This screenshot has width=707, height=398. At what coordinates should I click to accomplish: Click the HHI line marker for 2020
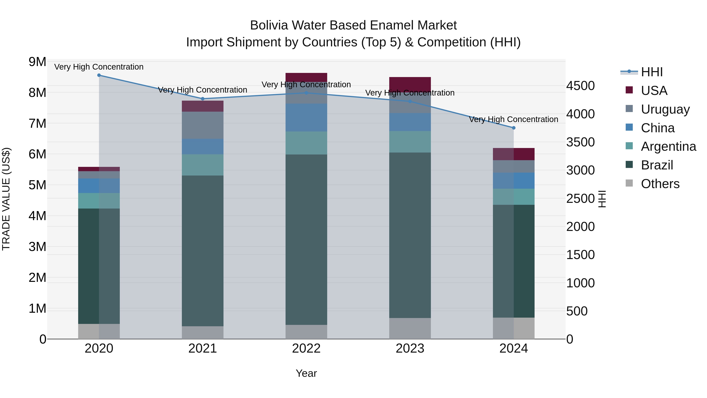(x=99, y=75)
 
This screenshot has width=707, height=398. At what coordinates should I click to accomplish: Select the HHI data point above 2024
(x=514, y=128)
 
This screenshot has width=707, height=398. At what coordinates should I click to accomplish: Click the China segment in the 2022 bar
(x=306, y=118)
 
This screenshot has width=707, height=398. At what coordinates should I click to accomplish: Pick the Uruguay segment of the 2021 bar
(x=202, y=125)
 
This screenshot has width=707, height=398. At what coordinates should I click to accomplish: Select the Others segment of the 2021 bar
(x=202, y=332)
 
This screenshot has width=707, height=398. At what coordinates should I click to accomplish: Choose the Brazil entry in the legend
(x=657, y=165)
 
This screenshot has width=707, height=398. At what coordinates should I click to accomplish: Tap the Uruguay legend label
(x=665, y=109)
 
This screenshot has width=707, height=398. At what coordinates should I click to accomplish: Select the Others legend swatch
(x=629, y=183)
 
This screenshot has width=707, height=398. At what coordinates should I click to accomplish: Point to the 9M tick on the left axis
(x=38, y=62)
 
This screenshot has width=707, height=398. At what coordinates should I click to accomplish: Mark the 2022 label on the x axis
(x=306, y=348)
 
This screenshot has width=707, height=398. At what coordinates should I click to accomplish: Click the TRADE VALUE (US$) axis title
(x=6, y=199)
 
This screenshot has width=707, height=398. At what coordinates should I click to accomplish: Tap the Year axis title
(x=306, y=373)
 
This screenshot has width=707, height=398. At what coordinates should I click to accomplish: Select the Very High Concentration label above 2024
(x=514, y=119)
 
